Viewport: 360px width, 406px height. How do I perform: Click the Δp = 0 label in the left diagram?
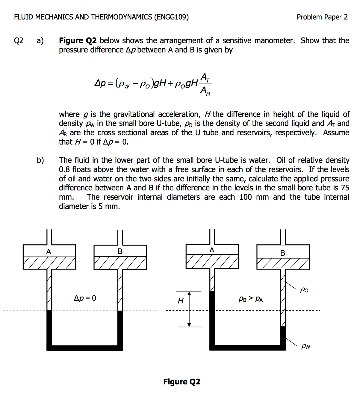[85, 298]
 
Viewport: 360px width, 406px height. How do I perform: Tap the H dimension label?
[181, 301]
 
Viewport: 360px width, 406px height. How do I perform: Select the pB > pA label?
[251, 299]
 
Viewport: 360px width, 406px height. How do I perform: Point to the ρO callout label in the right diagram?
[304, 290]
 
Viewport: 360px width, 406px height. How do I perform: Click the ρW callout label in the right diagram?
[305, 346]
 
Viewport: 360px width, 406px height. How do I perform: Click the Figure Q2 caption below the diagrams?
[181, 382]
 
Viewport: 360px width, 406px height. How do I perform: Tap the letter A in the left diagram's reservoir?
[49, 252]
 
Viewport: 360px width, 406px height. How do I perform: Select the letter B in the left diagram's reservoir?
[120, 252]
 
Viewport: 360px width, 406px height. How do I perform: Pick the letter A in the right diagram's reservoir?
[212, 250]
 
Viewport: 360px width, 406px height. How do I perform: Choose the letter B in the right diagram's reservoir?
[282, 253]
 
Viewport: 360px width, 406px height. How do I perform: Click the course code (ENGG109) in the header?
[171, 17]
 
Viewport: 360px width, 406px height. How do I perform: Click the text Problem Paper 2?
[322, 17]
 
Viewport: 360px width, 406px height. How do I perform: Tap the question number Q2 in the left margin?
[19, 40]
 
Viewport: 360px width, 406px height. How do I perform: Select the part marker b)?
[40, 160]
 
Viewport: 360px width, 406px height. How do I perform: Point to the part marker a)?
[40, 40]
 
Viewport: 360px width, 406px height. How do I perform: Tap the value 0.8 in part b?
[64, 169]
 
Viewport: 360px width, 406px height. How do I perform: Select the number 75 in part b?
[345, 188]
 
